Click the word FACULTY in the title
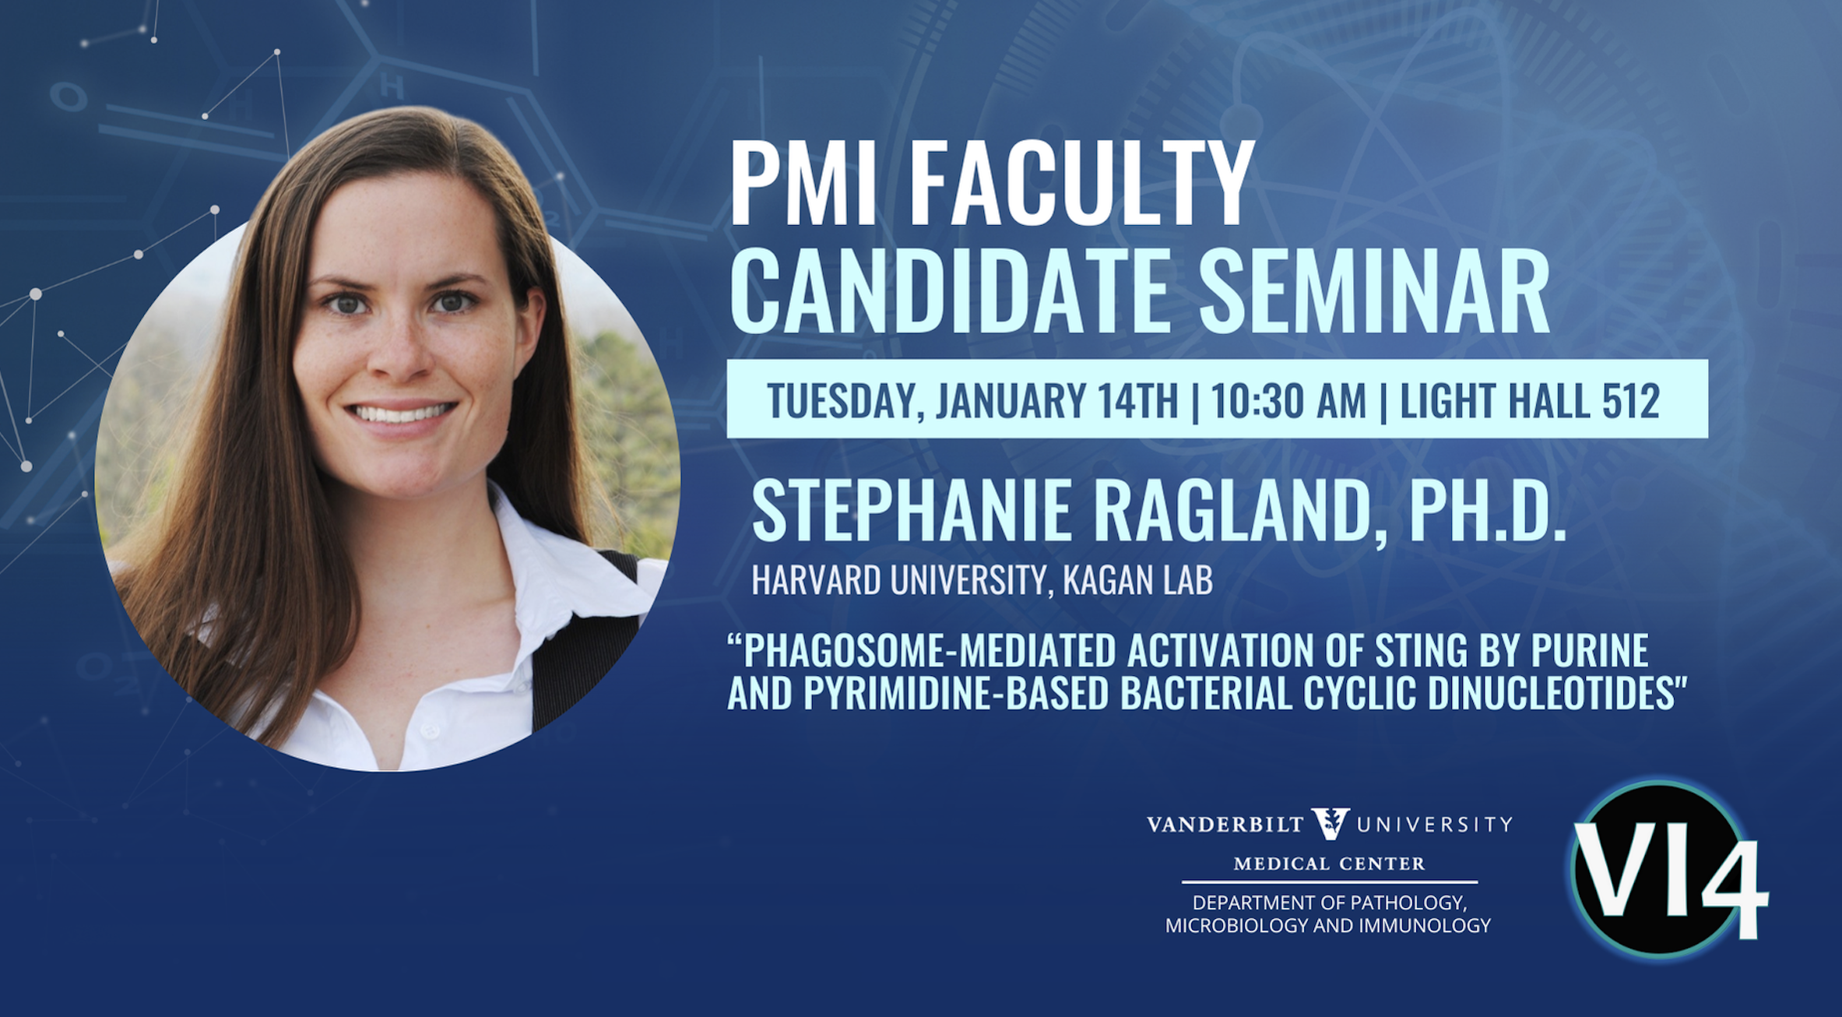[1082, 185]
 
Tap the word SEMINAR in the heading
[1374, 292]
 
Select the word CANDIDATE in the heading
[949, 292]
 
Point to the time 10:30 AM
[1288, 400]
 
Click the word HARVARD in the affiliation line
[815, 580]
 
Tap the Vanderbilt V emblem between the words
[1330, 823]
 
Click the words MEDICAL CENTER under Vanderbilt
[1330, 864]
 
